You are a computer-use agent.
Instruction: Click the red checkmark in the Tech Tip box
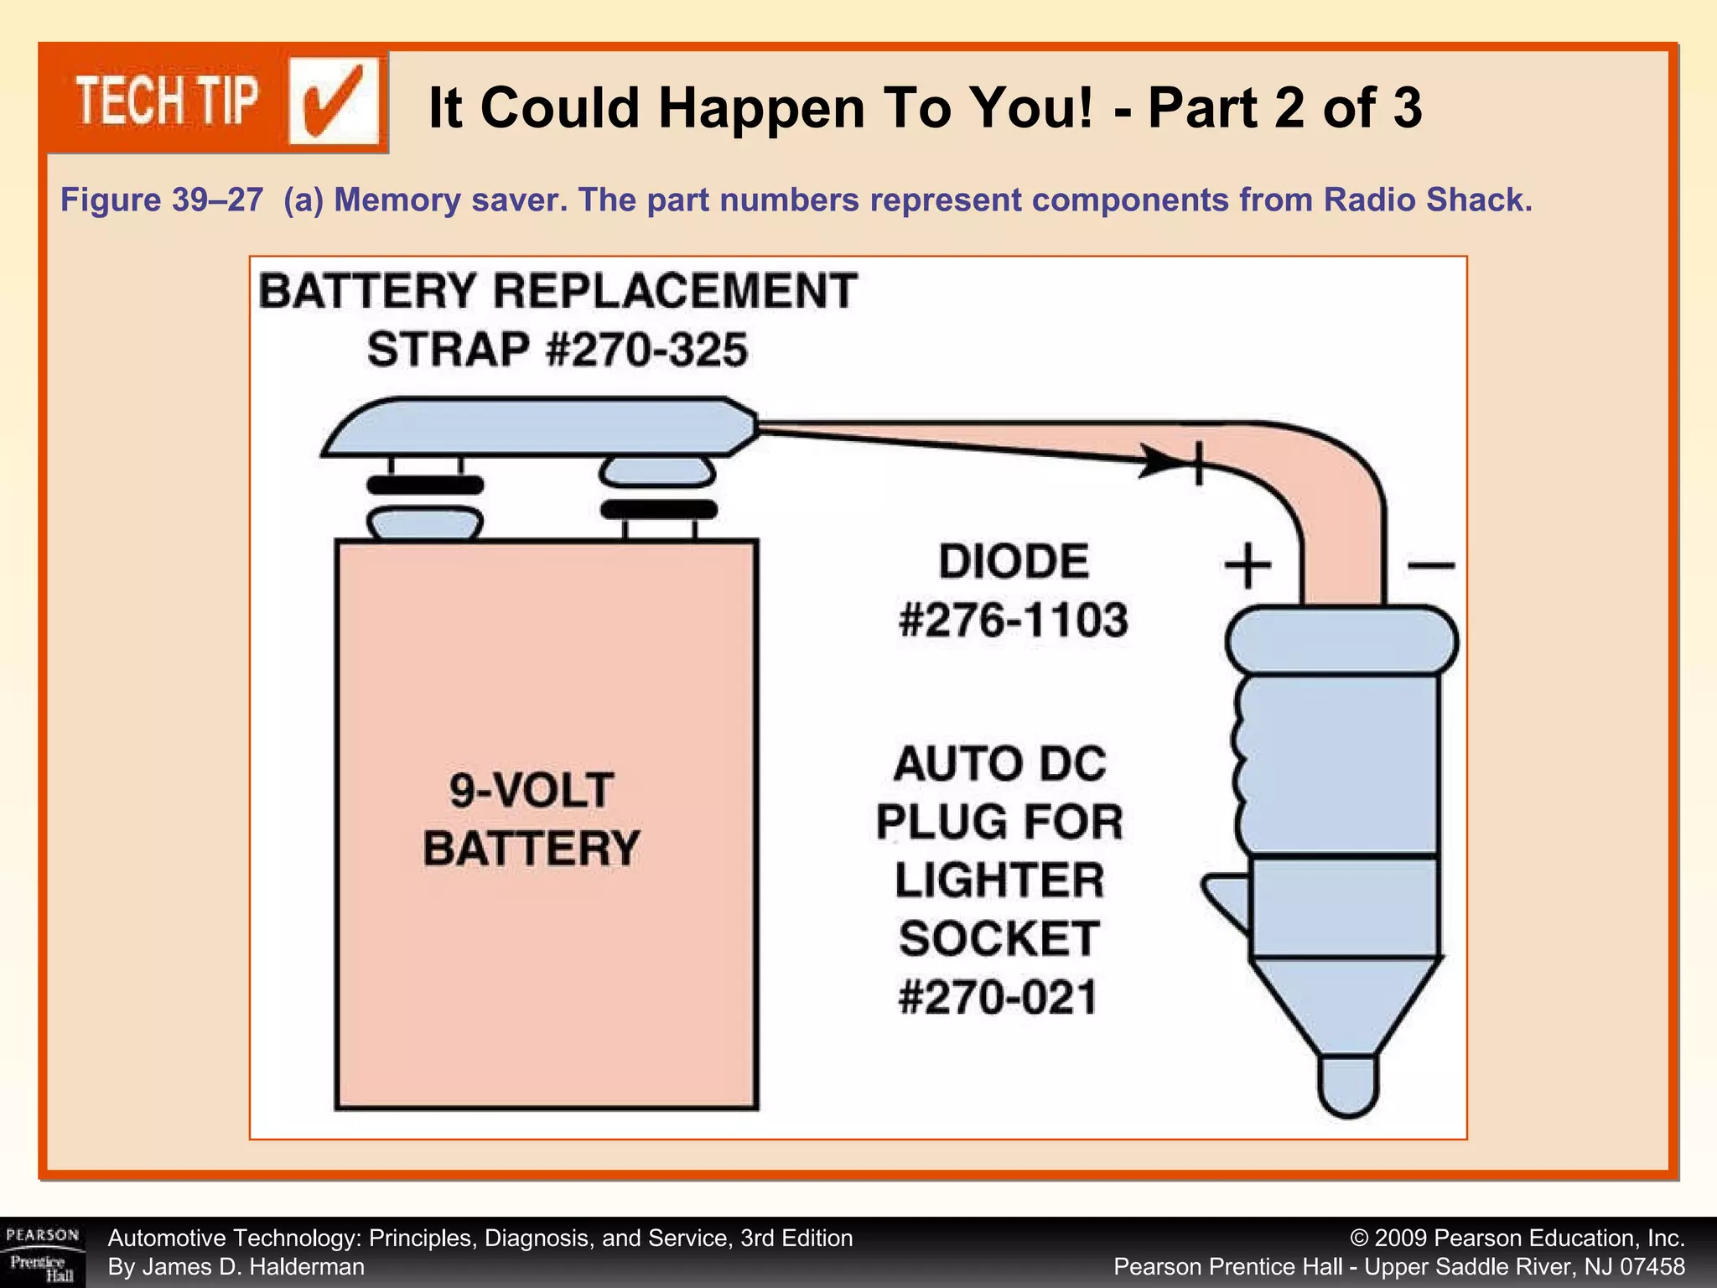(334, 103)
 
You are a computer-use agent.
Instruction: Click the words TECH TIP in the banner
(167, 101)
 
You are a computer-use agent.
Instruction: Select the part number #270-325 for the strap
(646, 351)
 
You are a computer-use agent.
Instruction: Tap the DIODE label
(1013, 562)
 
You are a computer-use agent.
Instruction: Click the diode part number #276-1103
(1013, 621)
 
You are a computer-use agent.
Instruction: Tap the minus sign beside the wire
(1430, 566)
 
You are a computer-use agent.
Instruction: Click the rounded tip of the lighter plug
(1348, 1086)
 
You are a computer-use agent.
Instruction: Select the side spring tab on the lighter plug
(1226, 901)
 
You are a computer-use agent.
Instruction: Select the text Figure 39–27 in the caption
(162, 200)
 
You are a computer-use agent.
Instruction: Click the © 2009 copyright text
(1517, 1239)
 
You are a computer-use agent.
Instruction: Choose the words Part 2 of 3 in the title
(1284, 108)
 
